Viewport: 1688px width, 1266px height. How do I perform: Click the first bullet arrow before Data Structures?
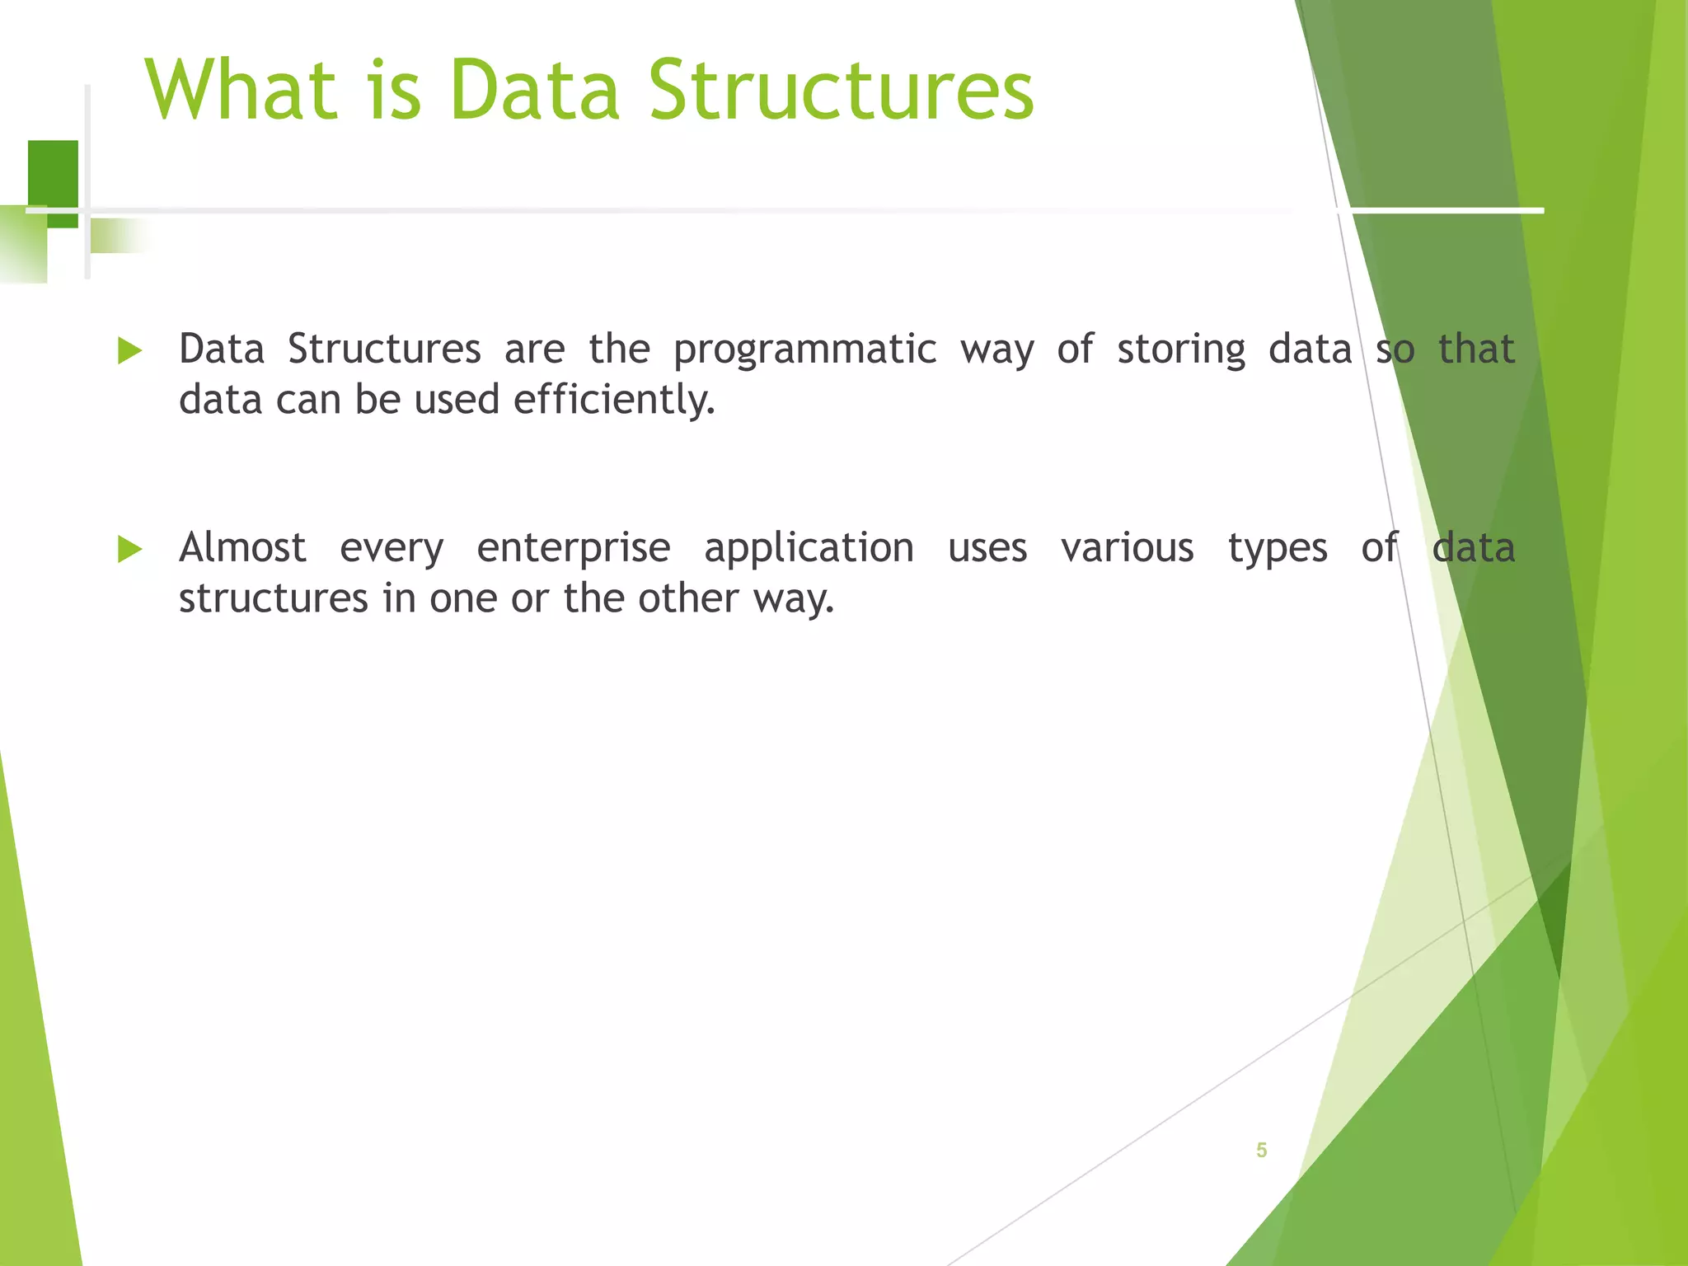[129, 350]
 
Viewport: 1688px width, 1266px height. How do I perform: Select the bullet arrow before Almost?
[129, 549]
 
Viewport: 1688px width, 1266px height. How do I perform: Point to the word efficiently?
[614, 401]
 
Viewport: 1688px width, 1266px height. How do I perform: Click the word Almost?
[242, 548]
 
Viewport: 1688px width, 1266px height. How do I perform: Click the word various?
[1127, 548]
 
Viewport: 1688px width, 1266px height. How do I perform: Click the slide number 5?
[1261, 1150]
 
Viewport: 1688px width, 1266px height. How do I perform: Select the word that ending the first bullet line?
[1476, 349]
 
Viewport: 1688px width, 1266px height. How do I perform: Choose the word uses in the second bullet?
[987, 549]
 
